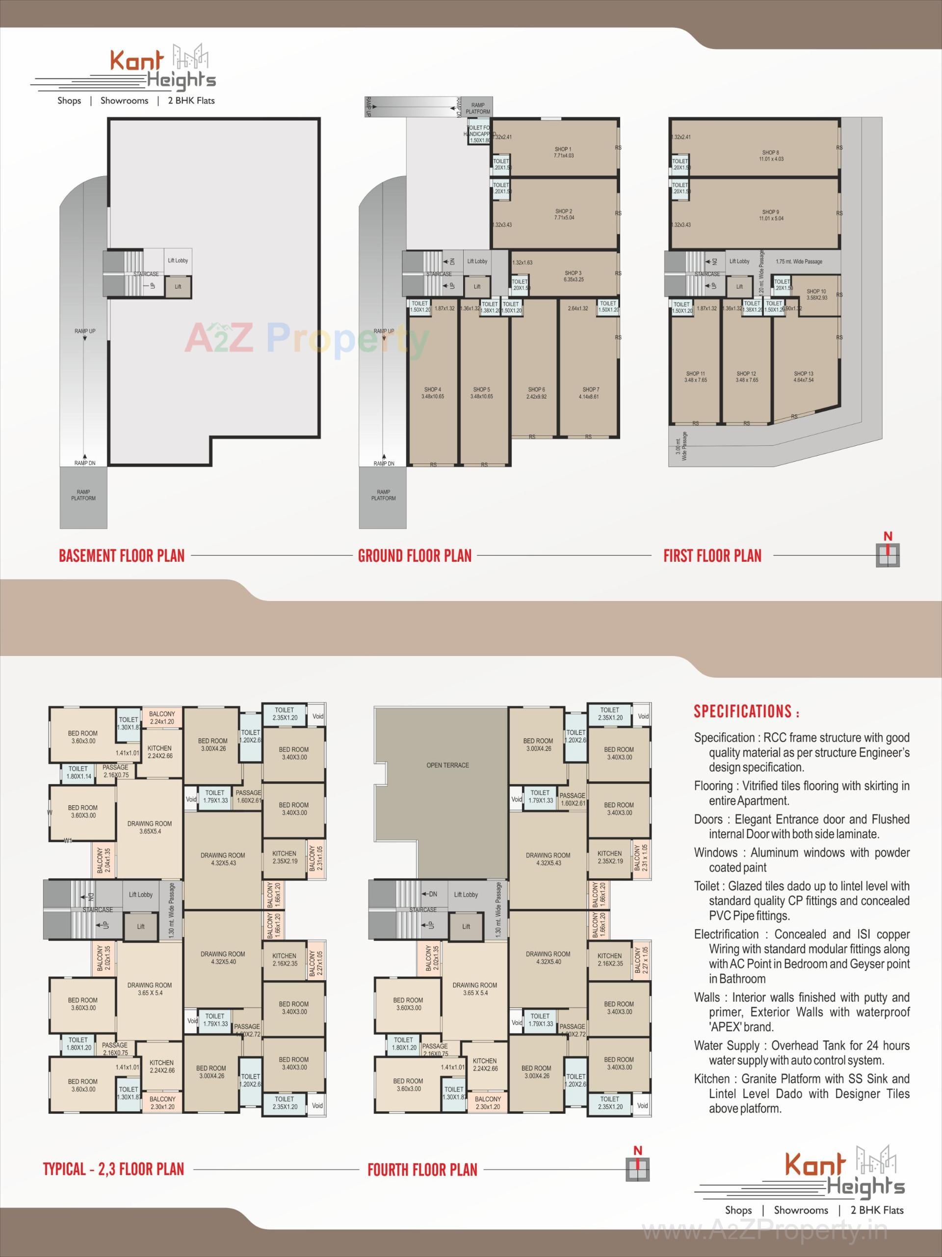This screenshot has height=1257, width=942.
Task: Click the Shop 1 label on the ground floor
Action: point(563,152)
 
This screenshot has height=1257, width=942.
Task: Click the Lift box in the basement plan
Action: point(178,286)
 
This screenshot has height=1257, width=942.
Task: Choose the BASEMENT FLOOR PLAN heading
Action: point(122,555)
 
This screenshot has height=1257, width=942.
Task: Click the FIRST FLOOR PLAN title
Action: point(712,555)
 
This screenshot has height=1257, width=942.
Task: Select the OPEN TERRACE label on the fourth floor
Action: point(447,765)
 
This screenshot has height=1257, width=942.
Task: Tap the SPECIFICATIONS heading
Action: point(746,711)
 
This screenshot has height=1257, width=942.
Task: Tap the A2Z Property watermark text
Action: point(307,340)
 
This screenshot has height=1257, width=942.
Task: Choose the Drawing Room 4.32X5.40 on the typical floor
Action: point(223,957)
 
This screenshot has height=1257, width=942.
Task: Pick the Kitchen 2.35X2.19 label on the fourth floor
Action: point(609,857)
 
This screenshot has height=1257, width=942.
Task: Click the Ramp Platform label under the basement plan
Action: point(83,495)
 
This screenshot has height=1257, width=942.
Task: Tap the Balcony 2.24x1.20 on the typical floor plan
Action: point(162,718)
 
